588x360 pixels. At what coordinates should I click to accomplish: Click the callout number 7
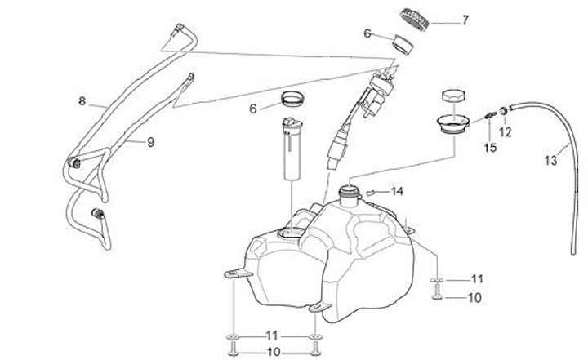point(465,20)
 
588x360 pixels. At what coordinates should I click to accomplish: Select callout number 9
point(150,142)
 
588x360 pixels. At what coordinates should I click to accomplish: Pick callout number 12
point(505,131)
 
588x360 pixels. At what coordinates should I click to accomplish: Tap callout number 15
point(491,148)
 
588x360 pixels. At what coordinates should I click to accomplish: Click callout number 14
point(397,191)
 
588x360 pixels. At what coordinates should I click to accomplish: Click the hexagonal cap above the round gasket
point(451,97)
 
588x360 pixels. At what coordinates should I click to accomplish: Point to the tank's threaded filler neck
point(350,195)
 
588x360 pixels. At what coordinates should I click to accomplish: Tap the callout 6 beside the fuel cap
point(367,33)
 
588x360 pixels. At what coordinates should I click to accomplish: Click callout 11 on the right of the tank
point(477,278)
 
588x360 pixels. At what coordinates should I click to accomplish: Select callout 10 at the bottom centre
point(273,352)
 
